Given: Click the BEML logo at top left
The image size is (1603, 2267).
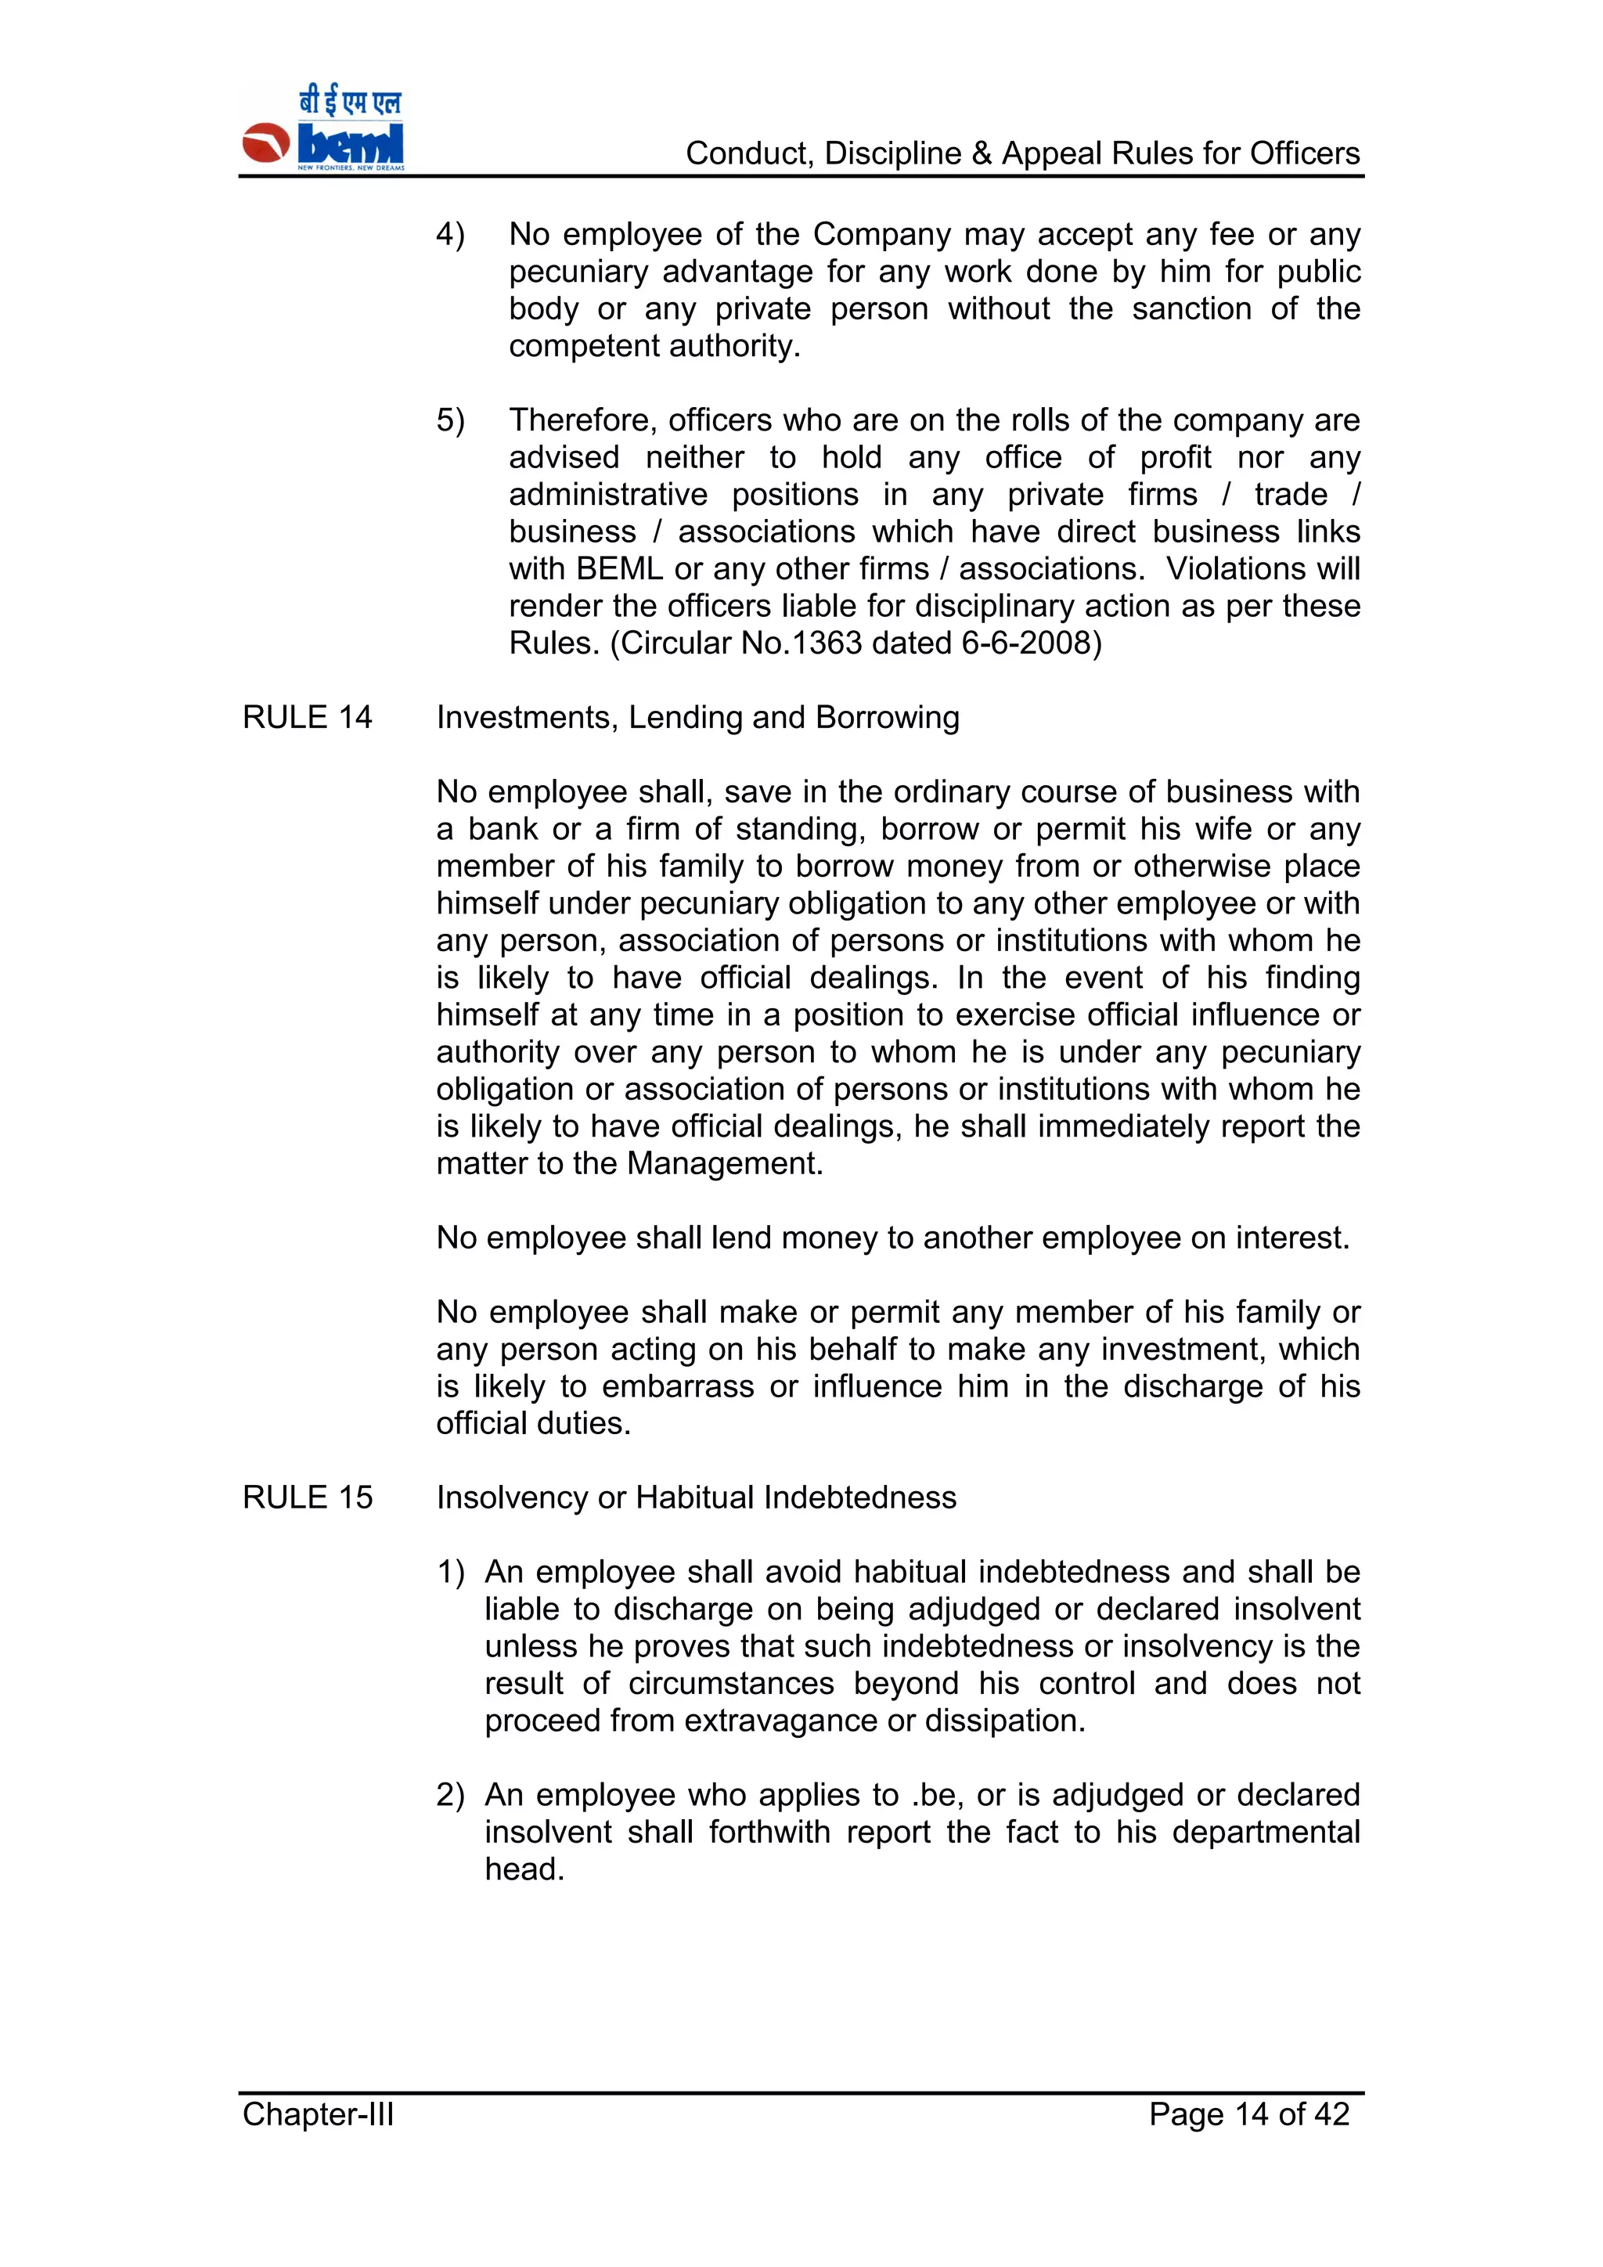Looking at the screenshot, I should click(322, 130).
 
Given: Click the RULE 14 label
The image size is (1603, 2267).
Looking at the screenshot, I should click(307, 717).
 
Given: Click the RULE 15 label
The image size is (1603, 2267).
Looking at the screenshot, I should click(307, 1497).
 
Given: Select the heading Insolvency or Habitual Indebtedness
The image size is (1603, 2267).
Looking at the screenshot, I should click(696, 1497).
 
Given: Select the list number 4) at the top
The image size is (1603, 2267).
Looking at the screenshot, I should click(450, 234).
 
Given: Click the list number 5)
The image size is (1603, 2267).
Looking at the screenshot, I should click(450, 420).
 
